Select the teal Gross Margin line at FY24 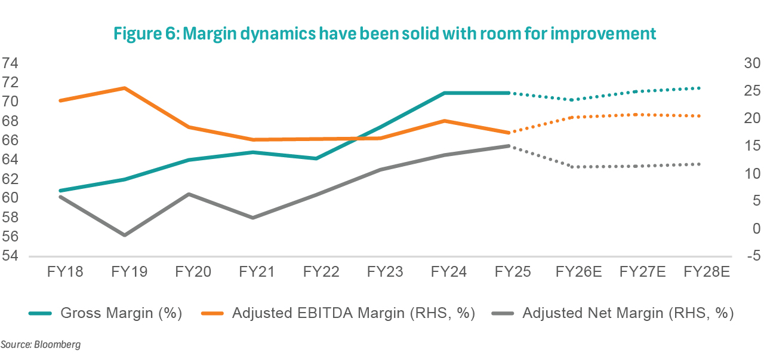(x=445, y=93)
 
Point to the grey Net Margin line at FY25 (x=509, y=146)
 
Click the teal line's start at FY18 (x=60, y=191)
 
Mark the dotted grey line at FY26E (x=573, y=167)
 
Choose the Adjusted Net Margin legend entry (x=627, y=313)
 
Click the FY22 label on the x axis (x=321, y=273)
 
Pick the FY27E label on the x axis (x=642, y=273)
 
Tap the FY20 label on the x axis (x=193, y=273)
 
